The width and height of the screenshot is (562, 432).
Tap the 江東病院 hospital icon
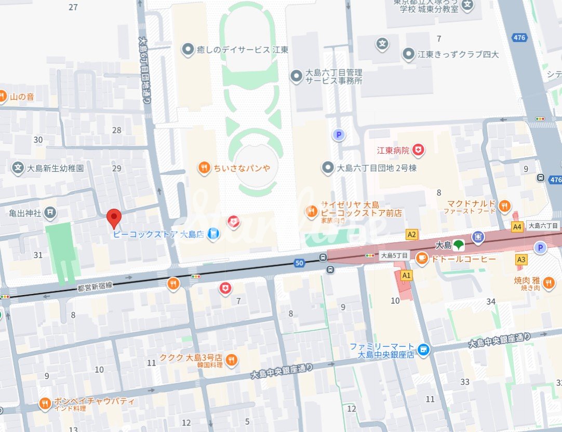point(418,151)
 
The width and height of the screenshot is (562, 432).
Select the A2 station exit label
point(412,235)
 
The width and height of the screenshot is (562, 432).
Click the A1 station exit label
point(406,275)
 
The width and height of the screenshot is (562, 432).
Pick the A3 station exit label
point(521,259)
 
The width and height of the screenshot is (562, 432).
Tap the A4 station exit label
point(517,227)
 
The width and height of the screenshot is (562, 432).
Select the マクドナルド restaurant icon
point(504,207)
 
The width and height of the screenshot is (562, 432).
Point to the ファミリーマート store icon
point(424,350)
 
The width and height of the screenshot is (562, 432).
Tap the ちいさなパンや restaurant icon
point(204,167)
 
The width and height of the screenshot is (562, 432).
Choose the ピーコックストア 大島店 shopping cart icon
point(212,235)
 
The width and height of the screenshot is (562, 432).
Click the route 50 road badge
point(299,263)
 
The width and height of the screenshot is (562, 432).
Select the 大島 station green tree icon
point(458,245)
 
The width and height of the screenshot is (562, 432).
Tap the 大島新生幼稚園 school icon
point(18,168)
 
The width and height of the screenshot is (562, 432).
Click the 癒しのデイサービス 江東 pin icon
point(187,50)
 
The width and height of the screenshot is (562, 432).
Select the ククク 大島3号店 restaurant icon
point(232,359)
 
